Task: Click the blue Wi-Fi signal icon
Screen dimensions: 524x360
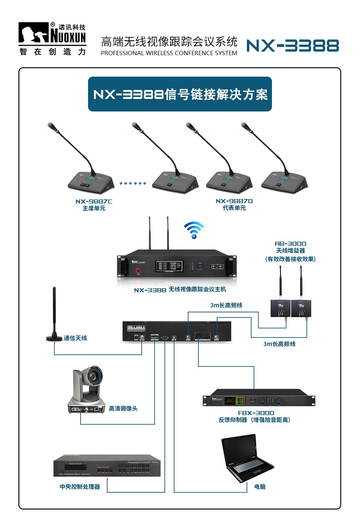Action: click(194, 230)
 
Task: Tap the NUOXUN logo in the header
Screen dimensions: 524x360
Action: click(52, 38)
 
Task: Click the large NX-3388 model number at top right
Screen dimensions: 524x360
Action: click(293, 46)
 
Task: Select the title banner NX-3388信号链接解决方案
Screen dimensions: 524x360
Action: click(180, 94)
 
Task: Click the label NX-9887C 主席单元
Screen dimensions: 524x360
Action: click(94, 205)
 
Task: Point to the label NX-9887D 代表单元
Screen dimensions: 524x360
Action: click(234, 205)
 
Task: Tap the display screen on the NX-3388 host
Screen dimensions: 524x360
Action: click(169, 266)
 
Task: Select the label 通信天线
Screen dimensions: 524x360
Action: click(76, 338)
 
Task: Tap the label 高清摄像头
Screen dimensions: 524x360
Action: click(123, 409)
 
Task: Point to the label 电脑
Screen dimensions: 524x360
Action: click(260, 487)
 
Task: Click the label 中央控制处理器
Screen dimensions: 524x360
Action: click(80, 487)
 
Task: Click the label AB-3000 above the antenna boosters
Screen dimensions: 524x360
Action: click(290, 244)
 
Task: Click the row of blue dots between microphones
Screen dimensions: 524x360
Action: click(133, 183)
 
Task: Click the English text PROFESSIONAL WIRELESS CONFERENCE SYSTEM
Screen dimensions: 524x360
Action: click(169, 53)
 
